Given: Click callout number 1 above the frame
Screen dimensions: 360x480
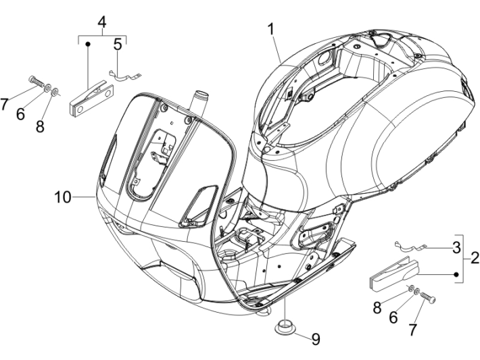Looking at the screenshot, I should point(270,29).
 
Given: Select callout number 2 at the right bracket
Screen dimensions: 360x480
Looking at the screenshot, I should point(475,257).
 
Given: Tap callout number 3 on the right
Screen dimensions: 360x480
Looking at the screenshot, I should point(456,247).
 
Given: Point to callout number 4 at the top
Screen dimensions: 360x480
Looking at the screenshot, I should point(102,22).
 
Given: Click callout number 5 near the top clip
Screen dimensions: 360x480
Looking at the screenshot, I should point(118,45).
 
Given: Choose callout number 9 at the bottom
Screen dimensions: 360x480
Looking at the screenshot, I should point(315,339).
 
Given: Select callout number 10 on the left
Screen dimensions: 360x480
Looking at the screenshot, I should point(63,197).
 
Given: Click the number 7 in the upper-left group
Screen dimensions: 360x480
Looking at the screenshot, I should point(5,104).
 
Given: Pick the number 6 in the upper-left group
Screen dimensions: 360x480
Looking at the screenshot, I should point(21,113).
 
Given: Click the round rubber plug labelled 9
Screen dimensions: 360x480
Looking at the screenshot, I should point(285,330).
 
